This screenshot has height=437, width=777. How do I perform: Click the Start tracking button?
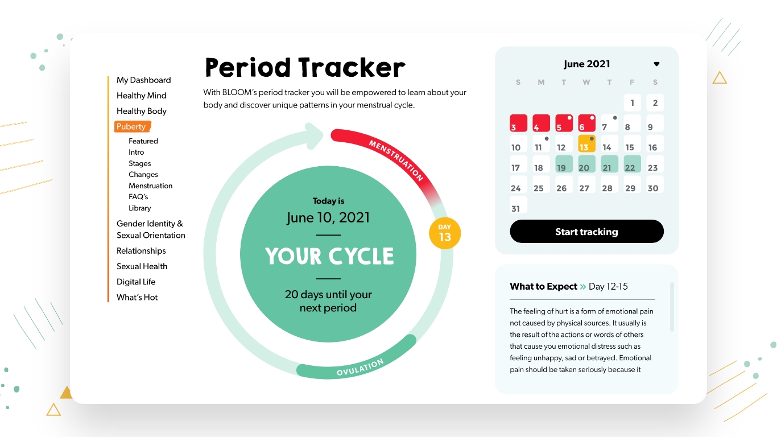click(x=586, y=231)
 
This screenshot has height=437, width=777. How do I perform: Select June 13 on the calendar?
click(x=586, y=144)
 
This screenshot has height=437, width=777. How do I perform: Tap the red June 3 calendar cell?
click(x=519, y=123)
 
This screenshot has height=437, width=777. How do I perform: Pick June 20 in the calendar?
click(x=586, y=164)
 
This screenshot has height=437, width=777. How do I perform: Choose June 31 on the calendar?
click(x=519, y=205)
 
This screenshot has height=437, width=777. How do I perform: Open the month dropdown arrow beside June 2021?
click(x=656, y=64)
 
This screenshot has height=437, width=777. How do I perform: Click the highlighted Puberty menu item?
click(x=132, y=126)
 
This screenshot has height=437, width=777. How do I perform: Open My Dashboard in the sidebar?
click(x=143, y=80)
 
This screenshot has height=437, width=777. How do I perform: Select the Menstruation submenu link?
click(x=151, y=185)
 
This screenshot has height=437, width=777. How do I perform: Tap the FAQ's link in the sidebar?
click(x=138, y=197)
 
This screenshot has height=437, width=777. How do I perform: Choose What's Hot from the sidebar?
click(x=137, y=297)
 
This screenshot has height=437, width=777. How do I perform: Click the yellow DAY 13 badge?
click(x=445, y=233)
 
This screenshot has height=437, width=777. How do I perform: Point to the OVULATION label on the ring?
click(x=360, y=367)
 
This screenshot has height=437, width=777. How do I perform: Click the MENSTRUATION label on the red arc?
click(x=396, y=160)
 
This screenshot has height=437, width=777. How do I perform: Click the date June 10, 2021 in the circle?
click(x=328, y=218)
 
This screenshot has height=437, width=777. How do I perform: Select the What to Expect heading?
click(x=543, y=286)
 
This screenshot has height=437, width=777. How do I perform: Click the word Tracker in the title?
click(x=352, y=67)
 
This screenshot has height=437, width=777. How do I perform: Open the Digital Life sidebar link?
click(x=136, y=282)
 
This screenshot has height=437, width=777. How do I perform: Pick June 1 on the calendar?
click(x=633, y=103)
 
